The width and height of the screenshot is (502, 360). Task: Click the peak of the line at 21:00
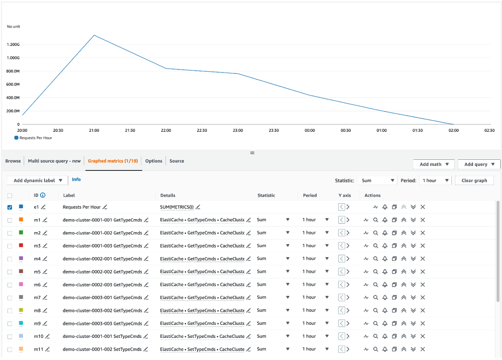[x=94, y=35]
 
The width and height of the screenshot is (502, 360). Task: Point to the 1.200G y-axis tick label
[x=13, y=44]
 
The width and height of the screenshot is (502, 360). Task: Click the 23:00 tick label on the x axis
[x=238, y=130]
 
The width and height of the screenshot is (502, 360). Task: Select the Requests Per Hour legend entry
[x=36, y=138]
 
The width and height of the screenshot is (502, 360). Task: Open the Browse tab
[x=13, y=161]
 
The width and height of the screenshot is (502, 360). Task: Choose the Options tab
[x=154, y=161]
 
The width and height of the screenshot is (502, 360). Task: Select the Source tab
[x=177, y=161]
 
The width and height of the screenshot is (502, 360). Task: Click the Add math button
[x=434, y=164]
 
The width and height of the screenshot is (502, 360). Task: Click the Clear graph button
[x=474, y=181]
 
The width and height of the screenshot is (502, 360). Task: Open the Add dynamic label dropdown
[x=38, y=180]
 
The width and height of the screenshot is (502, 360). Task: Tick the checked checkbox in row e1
[x=10, y=207]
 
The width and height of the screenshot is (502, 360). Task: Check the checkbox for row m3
[x=10, y=246]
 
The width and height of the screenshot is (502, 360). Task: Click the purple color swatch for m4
[x=21, y=259]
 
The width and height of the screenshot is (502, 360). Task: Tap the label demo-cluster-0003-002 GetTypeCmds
[x=102, y=310]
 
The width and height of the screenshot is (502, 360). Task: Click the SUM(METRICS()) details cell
[x=177, y=207]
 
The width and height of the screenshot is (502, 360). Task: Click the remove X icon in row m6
[x=423, y=284]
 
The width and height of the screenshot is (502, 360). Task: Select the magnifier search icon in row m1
[x=375, y=220]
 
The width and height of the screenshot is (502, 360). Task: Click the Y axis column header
[x=345, y=195]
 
